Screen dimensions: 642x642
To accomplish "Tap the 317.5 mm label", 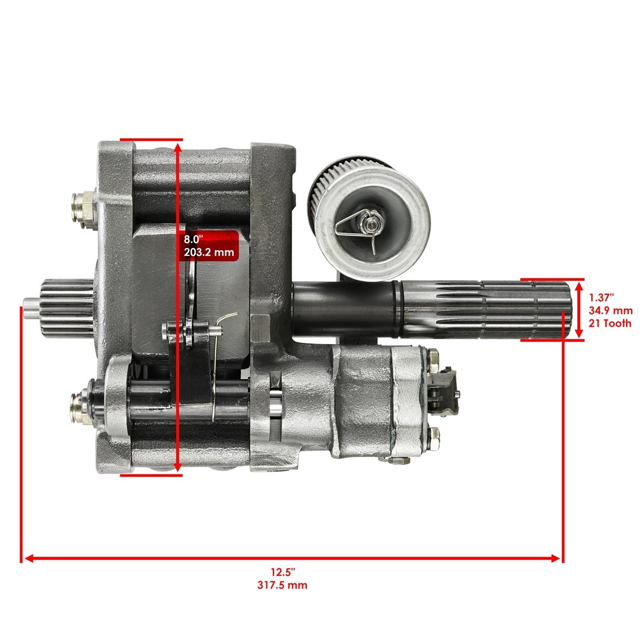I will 282,585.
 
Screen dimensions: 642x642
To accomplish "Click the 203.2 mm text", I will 208,252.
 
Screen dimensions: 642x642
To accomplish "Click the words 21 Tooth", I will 610,323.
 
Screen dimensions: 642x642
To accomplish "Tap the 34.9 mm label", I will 610,310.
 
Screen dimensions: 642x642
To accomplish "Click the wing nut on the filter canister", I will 369,219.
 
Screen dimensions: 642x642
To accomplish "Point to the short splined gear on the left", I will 67,310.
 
